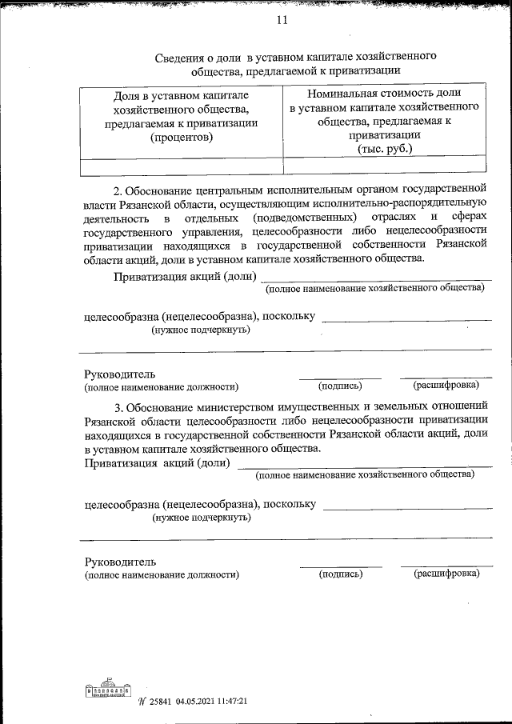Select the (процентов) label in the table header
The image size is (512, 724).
(x=181, y=137)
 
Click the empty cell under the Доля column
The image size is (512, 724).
(x=181, y=165)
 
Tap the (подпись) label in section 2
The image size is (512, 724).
(x=340, y=386)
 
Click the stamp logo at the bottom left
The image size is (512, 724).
(x=106, y=689)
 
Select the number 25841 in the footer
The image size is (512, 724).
(x=160, y=701)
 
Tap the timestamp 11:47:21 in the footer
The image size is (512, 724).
(x=229, y=701)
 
